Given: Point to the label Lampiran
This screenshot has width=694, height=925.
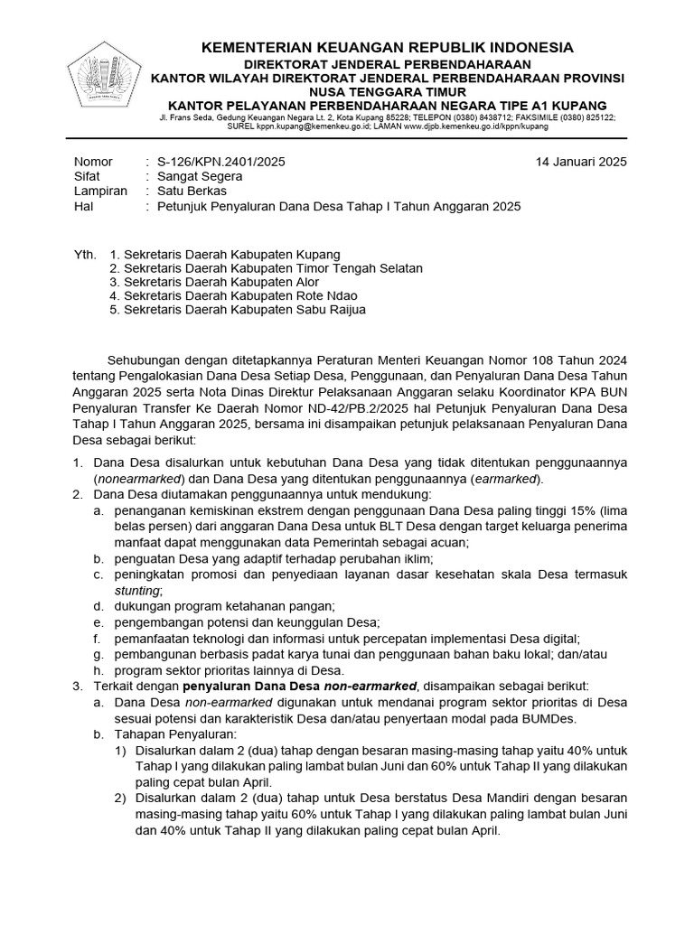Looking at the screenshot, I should pyautogui.click(x=99, y=192).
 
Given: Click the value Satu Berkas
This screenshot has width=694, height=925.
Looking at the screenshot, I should pyautogui.click(x=192, y=192).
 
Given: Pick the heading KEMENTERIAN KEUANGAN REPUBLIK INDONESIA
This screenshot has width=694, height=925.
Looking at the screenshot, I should pyautogui.click(x=387, y=47).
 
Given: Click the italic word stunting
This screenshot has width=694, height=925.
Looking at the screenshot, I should pyautogui.click(x=136, y=590).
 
